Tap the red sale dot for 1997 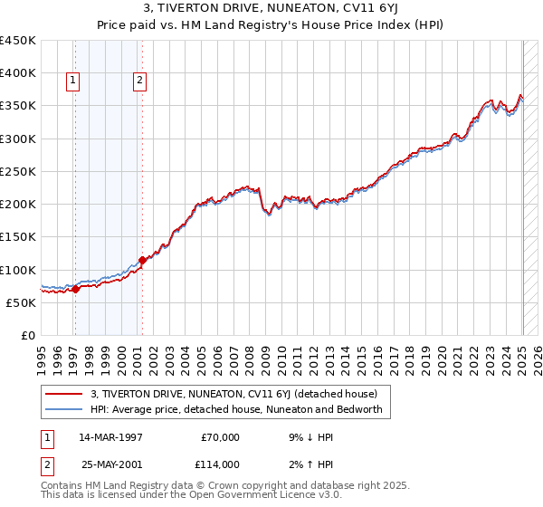[75, 290]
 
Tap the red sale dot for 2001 [143, 261]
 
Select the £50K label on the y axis [22, 303]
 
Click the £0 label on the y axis [29, 336]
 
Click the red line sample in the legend [64, 394]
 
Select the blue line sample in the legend [64, 409]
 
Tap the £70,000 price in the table [220, 437]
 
